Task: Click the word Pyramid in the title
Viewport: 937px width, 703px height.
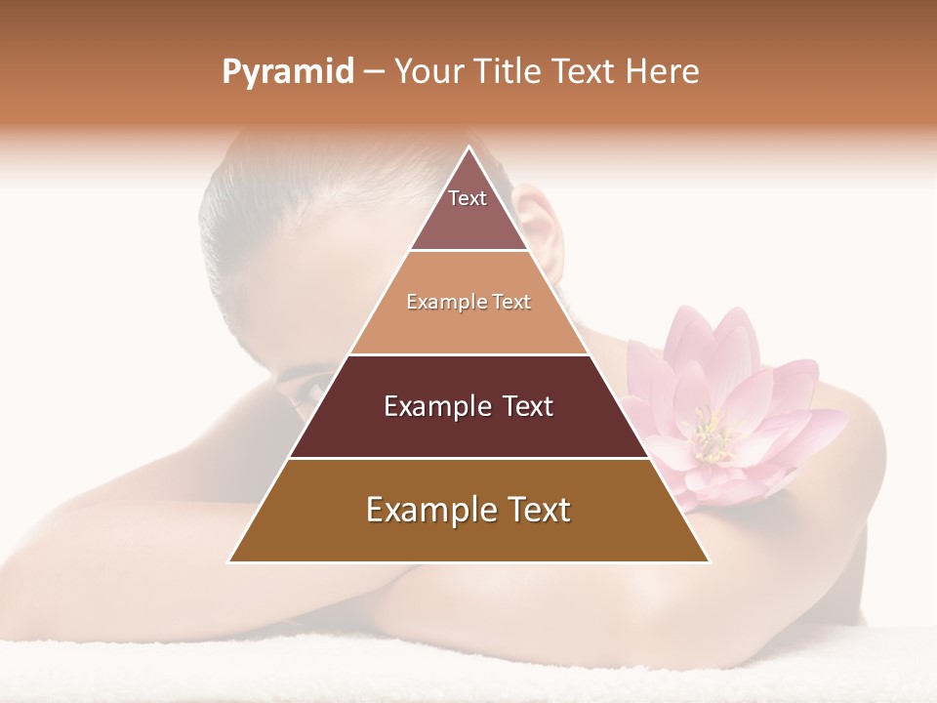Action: coord(288,72)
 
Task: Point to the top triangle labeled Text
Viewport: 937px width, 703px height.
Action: coord(468,210)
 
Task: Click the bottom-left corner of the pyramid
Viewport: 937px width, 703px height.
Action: coord(229,561)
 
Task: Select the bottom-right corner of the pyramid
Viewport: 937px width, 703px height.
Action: coord(709,561)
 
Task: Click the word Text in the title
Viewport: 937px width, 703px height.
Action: coord(584,72)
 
